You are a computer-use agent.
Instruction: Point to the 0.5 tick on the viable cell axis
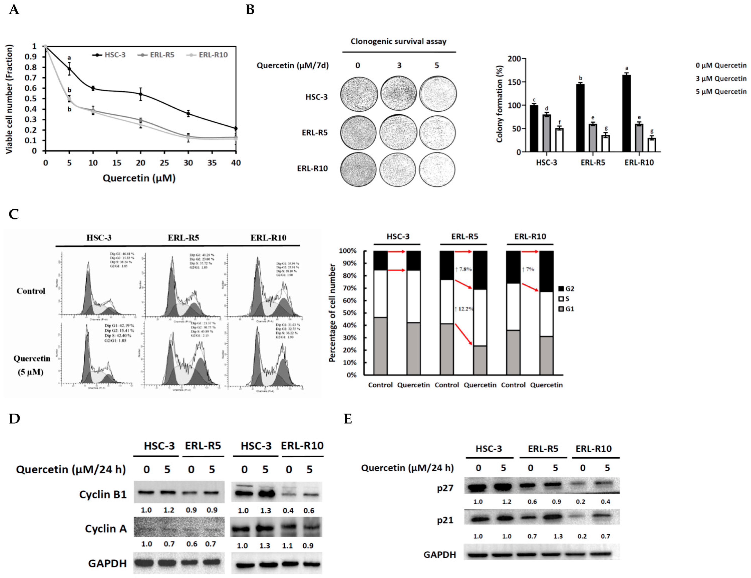(34, 99)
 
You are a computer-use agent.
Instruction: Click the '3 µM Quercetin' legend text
(721, 79)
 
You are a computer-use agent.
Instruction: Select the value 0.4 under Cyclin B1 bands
(288, 511)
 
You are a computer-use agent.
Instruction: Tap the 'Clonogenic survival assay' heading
(399, 42)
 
